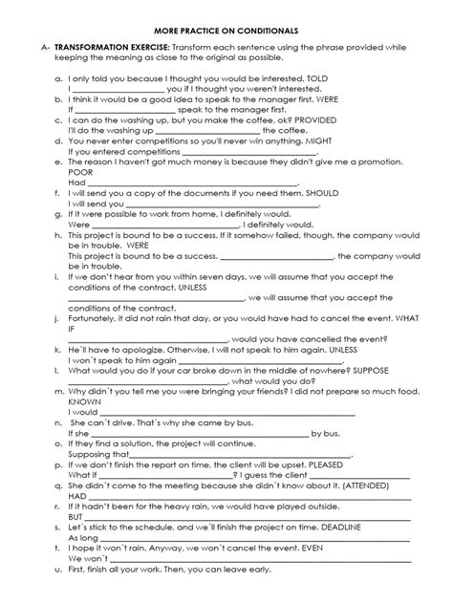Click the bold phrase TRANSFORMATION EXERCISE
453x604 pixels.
(113, 46)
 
